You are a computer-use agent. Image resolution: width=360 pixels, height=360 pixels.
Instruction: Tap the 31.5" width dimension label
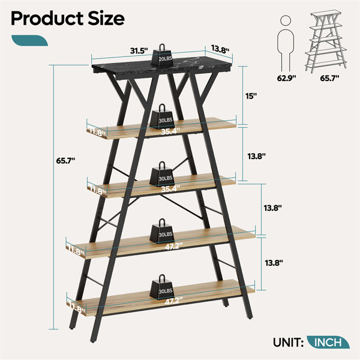(139, 51)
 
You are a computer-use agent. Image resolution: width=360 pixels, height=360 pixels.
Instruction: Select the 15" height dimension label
(251, 96)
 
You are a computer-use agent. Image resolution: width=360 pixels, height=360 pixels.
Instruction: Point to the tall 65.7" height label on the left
(65, 161)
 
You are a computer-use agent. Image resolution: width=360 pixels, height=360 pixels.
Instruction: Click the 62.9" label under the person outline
(286, 78)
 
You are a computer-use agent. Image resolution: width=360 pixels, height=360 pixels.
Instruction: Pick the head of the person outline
(286, 20)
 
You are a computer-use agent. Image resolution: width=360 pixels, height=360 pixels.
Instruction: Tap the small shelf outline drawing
(326, 41)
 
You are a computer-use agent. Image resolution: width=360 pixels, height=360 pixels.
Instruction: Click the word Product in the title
(47, 19)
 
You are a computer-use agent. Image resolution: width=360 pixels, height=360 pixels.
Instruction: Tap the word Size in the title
(106, 19)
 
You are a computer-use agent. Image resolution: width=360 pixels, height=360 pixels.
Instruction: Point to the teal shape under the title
(29, 40)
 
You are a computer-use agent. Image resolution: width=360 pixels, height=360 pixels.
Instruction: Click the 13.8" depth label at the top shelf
(220, 49)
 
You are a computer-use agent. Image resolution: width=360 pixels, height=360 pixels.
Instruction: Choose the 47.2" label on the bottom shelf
(173, 301)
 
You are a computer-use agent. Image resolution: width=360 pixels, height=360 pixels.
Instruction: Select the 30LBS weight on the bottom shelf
(162, 287)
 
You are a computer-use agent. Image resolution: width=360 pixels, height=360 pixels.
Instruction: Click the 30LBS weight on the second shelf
(162, 116)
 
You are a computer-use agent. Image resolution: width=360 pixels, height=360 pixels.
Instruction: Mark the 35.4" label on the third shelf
(170, 189)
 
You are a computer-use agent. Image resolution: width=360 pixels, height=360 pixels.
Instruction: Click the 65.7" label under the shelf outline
(329, 78)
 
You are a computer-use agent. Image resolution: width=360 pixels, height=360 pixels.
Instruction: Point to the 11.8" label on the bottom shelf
(77, 308)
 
